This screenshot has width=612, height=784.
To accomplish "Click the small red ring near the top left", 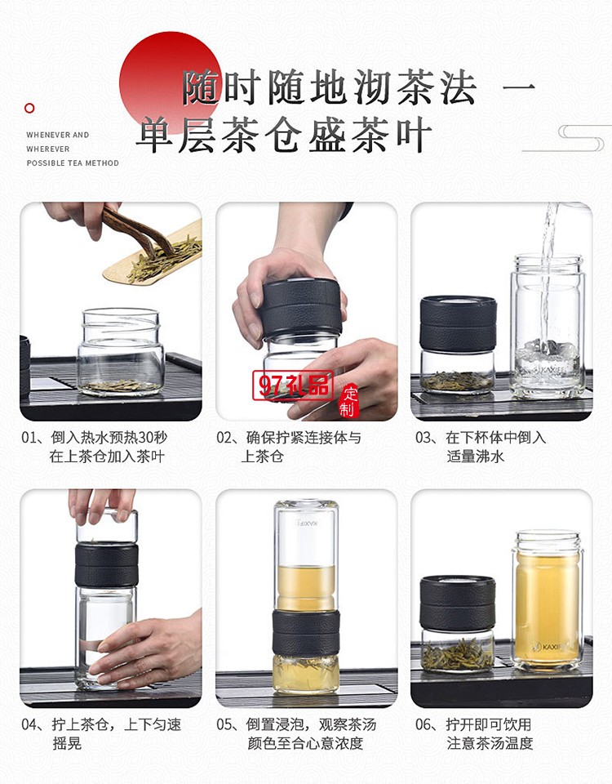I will point(30,108).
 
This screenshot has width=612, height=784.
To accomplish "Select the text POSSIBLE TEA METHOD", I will point(73,163).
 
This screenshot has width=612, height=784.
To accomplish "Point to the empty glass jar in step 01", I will point(121,351).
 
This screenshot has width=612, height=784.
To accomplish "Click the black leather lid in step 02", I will point(301,307).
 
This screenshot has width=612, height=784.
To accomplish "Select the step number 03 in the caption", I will point(424,438).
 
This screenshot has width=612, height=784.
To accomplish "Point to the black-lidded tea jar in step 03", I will point(458,343).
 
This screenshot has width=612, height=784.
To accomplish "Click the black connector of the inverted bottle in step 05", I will point(306,632).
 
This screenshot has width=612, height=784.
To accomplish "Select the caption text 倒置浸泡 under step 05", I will point(273,724).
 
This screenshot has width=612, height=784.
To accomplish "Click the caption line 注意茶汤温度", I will point(490,743).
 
